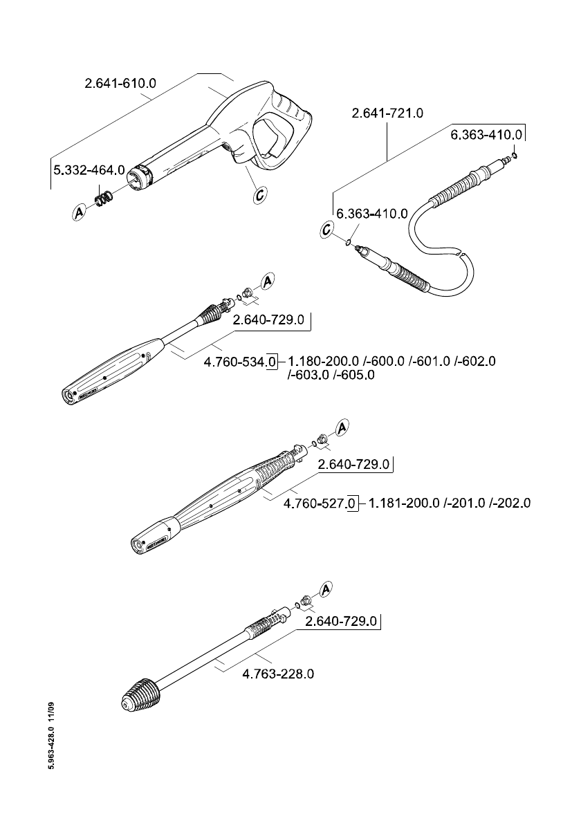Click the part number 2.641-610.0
pos(120,83)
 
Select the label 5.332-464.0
pos(89,169)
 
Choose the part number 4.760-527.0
pos(317,503)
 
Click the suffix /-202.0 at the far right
pos(510,503)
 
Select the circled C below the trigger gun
pos(259,196)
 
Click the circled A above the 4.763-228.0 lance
pos(326,589)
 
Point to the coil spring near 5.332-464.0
pos(104,198)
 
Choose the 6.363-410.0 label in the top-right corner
pos(486,135)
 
